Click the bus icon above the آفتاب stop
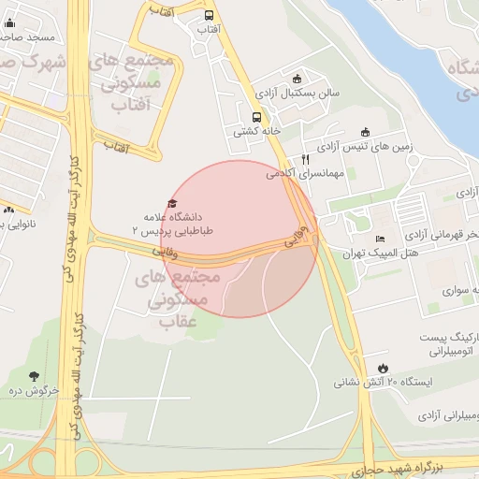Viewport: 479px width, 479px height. [x=208, y=15]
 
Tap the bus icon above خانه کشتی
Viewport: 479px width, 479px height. [x=257, y=117]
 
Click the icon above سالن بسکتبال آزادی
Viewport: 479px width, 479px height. [x=298, y=79]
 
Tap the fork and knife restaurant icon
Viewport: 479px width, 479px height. [x=305, y=159]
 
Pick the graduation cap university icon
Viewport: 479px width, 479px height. [x=171, y=203]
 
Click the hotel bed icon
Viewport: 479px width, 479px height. [x=379, y=239]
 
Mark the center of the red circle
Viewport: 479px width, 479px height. [x=239, y=239]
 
